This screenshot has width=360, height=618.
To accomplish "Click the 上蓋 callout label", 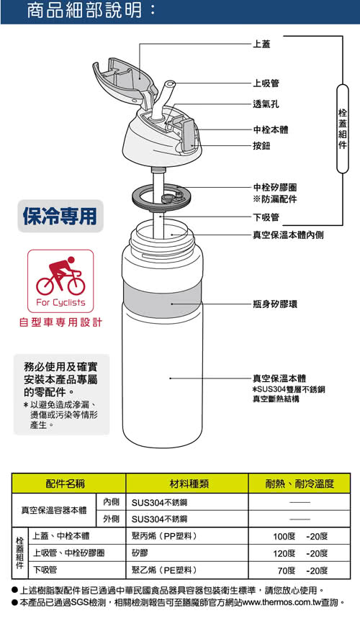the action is click(261, 44).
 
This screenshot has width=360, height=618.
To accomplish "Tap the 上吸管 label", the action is click(266, 83).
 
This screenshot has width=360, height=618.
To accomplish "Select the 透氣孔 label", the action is click(266, 104).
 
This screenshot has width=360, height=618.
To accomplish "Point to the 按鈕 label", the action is click(261, 146).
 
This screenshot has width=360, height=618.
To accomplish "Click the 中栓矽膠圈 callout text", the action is click(274, 188).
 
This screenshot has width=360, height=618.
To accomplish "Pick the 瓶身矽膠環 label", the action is click(274, 304).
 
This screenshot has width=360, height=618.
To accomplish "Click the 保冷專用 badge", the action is click(60, 216).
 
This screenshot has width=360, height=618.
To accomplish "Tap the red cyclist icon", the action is click(60, 276).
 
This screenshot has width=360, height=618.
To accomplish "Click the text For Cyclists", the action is click(60, 302).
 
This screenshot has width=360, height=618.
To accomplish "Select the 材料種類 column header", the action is click(189, 483).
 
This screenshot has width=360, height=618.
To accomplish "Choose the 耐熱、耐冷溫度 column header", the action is click(300, 483).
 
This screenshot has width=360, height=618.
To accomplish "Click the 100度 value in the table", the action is click(284, 537).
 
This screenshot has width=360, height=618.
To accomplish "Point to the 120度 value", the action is click(284, 553).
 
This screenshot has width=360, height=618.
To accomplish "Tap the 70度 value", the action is click(287, 571).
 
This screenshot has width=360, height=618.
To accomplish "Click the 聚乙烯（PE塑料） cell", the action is click(163, 570).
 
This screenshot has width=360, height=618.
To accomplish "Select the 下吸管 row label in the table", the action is click(45, 570).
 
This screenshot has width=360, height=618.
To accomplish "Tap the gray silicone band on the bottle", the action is click(163, 299).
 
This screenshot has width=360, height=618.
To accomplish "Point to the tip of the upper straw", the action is click(170, 84).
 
